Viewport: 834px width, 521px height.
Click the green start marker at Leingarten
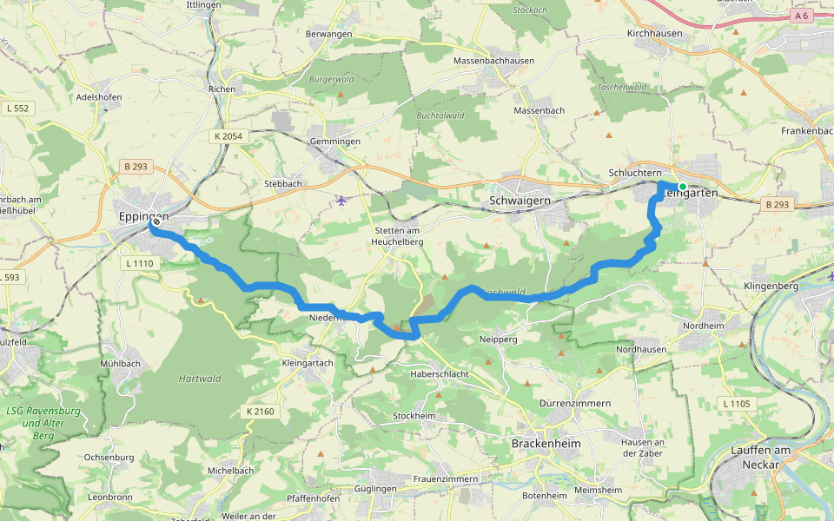683,187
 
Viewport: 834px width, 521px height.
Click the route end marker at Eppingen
155,221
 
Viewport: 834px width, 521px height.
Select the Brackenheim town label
546,442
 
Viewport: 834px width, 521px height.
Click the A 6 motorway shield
800,16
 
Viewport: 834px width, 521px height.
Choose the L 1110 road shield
139,263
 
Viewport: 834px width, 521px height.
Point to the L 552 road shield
17,109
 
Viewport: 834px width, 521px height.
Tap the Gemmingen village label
334,141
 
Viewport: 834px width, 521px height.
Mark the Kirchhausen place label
656,33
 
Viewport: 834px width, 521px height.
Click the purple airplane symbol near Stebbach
341,201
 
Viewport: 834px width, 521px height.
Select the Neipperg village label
499,339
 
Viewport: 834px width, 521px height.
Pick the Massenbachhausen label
493,61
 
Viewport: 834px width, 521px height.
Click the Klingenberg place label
771,285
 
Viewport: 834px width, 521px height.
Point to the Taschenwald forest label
621,87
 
